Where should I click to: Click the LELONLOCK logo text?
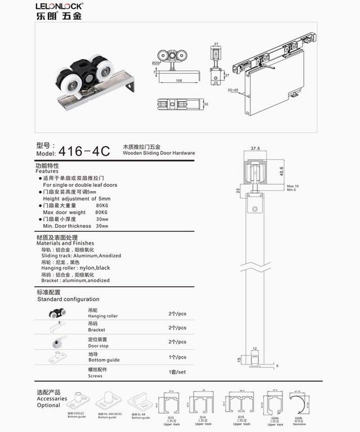pos(58,6)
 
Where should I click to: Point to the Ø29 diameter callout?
pos(156,62)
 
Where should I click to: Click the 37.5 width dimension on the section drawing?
pos(255,148)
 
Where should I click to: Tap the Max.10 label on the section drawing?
pos(292,186)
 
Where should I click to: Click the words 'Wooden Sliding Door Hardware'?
pos(159,153)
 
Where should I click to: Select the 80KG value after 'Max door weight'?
pos(102,212)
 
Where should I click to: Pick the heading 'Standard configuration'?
pos(68,299)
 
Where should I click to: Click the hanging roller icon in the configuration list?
pos(56,314)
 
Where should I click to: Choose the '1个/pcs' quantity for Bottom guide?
pos(177,357)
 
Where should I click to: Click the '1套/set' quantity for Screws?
pos(177,372)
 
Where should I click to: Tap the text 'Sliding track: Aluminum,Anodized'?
pos(82,255)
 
